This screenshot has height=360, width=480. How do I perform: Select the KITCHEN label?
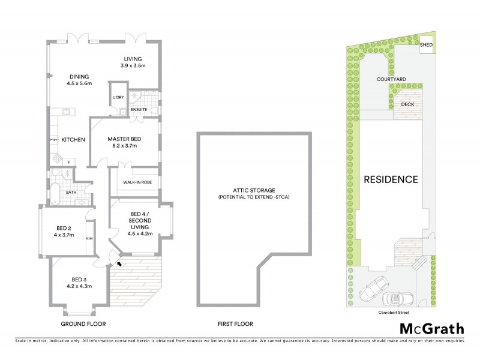click(72, 139)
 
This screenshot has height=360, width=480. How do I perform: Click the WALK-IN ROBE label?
click(137, 182)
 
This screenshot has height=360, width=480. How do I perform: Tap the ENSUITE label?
click(139, 110)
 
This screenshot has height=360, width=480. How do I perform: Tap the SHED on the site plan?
click(427, 46)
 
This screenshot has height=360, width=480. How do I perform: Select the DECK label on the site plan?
click(407, 104)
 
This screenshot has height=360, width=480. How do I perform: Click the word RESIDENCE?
click(391, 179)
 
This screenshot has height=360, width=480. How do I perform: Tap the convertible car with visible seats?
click(395, 298)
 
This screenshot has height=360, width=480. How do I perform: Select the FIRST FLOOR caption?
click(235, 324)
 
